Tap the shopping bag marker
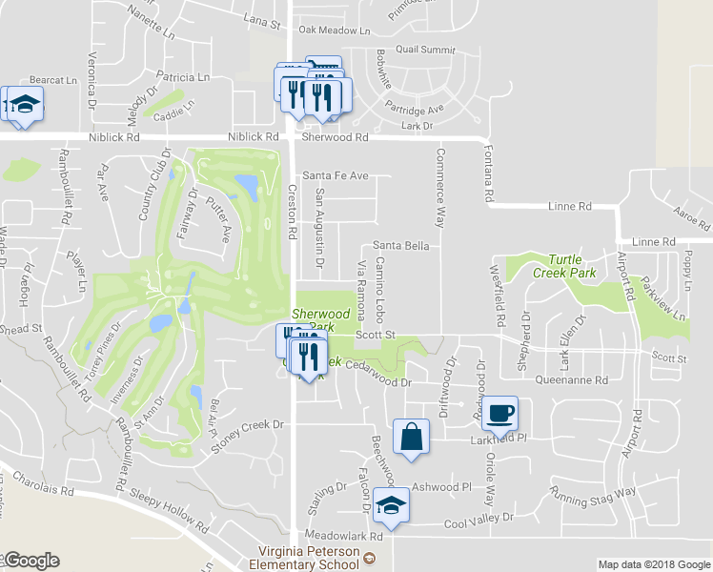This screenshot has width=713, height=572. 410,438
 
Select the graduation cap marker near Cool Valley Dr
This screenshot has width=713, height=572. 391,505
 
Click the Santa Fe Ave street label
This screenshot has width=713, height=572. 335,176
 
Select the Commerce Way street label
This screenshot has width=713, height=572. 440,187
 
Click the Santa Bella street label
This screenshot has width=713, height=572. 400,246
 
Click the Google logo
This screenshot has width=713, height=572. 31,561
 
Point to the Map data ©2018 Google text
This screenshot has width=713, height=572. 654,564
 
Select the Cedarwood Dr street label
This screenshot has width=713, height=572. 377,381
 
